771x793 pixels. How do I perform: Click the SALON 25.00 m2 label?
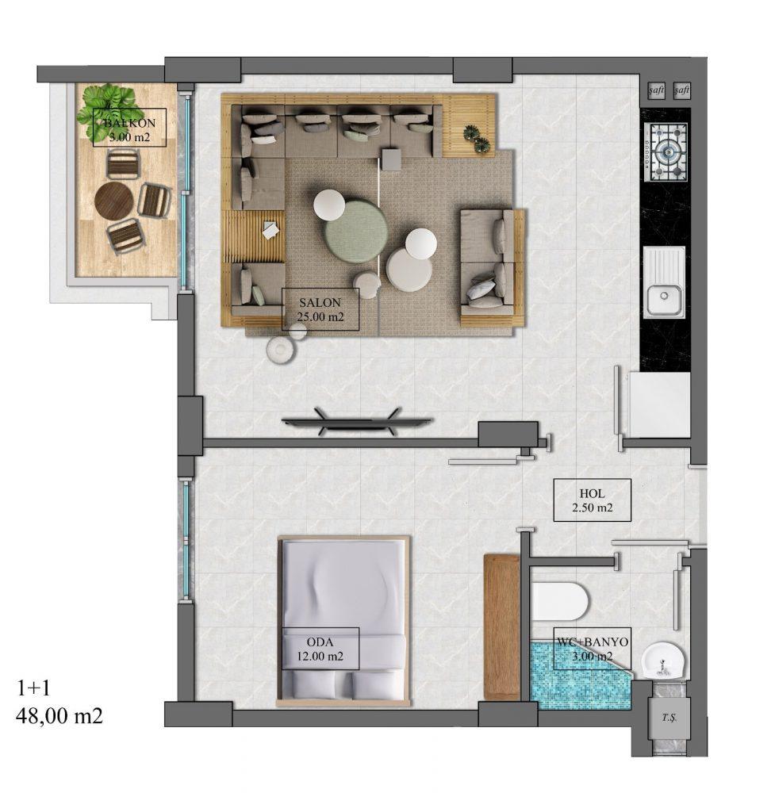[x=320, y=309]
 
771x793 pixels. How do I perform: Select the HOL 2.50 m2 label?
[x=592, y=500]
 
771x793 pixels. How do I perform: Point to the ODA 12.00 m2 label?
[x=320, y=649]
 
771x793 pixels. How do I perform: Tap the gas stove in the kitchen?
[x=666, y=152]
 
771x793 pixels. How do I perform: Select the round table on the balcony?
[x=114, y=201]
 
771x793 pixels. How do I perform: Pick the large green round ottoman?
[x=356, y=231]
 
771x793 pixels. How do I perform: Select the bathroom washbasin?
[x=664, y=661]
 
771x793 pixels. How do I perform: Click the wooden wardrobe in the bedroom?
[x=502, y=627]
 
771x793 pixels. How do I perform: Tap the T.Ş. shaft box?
[x=669, y=718]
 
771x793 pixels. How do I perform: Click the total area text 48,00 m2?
[x=59, y=716]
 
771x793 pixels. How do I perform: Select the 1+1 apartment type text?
[x=34, y=688]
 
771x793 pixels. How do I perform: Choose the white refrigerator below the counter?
[x=660, y=404]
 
